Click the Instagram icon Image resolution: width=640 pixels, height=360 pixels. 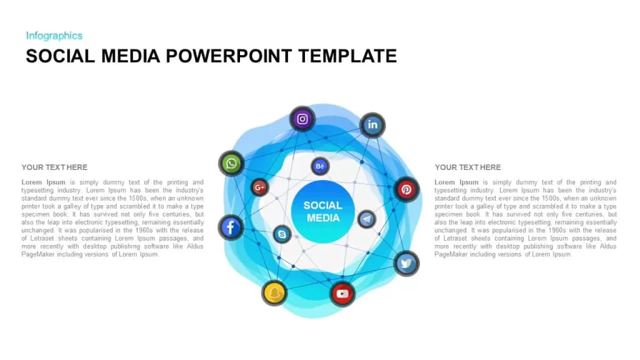point(302,119)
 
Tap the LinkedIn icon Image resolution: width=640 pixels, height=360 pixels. point(372,125)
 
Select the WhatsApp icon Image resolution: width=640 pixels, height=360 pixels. point(231,164)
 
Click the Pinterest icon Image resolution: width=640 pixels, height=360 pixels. point(406,189)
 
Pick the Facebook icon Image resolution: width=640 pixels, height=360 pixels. point(231,227)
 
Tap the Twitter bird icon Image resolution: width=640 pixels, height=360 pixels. point(406,263)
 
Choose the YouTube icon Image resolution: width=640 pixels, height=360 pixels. point(342,294)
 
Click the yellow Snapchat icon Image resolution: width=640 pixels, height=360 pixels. point(274,293)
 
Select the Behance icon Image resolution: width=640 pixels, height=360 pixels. point(320,166)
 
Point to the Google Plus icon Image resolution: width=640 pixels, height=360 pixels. point(259,187)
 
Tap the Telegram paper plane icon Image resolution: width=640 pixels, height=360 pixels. point(366,219)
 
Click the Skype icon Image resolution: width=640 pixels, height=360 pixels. point(282,234)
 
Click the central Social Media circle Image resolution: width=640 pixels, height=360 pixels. point(323,212)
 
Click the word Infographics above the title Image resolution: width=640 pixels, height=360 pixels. point(54,36)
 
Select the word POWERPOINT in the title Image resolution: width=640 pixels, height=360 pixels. point(229,56)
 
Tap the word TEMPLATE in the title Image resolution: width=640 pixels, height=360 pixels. point(347,56)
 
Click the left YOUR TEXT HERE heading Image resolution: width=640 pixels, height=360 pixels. point(54,167)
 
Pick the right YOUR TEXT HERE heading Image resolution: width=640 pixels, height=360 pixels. point(467,167)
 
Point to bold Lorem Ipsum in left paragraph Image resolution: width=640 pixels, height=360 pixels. point(43,182)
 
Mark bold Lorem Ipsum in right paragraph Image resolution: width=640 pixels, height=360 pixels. point(456,182)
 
